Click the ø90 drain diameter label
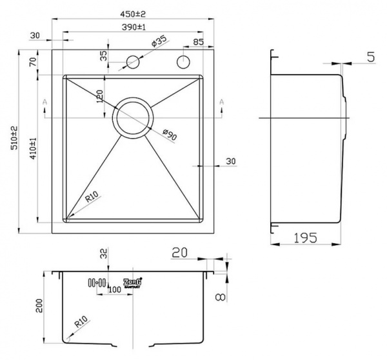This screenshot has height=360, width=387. pos(169,135)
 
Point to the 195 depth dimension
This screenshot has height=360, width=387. pos(304,237)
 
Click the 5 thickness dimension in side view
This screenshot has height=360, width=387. pos(370,57)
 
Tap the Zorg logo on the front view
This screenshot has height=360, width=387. pos(132,282)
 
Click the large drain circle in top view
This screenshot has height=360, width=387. pos(134,117)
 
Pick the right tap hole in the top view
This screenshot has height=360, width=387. pos(183,63)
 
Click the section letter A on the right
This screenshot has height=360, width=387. pos(221,102)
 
